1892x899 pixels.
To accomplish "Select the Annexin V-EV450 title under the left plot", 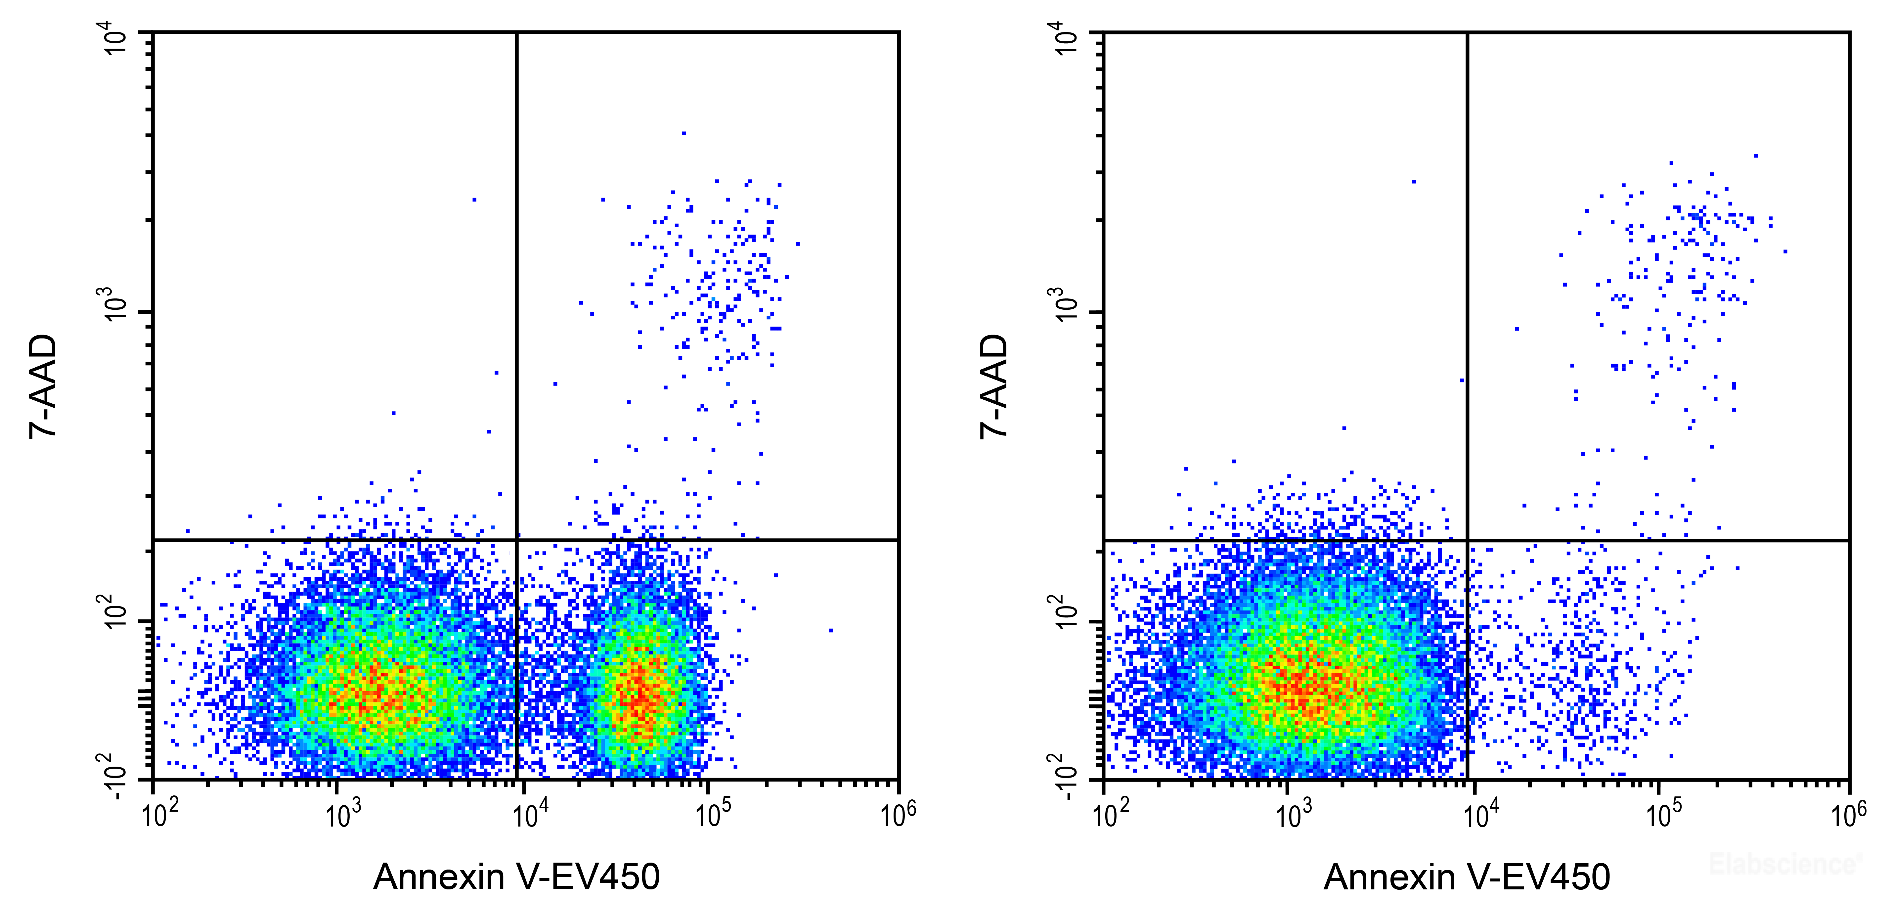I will [516, 876].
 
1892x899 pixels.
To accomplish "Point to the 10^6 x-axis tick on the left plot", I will [898, 814].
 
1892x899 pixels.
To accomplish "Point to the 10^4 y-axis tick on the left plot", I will [117, 40].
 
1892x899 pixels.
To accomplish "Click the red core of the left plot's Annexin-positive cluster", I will [638, 694].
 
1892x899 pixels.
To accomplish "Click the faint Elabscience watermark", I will [1785, 864].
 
